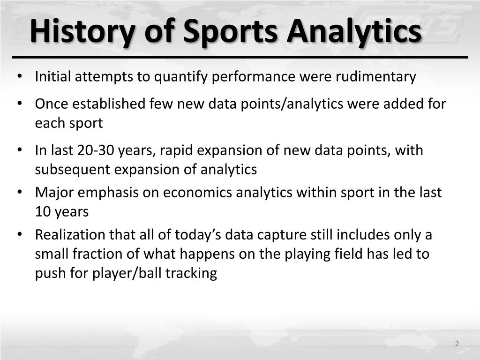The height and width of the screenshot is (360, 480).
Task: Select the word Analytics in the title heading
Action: point(354,32)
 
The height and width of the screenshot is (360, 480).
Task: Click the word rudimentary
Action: point(375,76)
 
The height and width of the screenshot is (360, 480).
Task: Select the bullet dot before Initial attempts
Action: point(19,76)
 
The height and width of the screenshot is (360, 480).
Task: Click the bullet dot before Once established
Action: point(19,104)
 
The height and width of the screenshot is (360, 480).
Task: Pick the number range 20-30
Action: point(96,150)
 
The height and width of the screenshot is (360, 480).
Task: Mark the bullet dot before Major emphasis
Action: point(19,193)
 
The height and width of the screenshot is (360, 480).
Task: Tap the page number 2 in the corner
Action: point(457,344)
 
